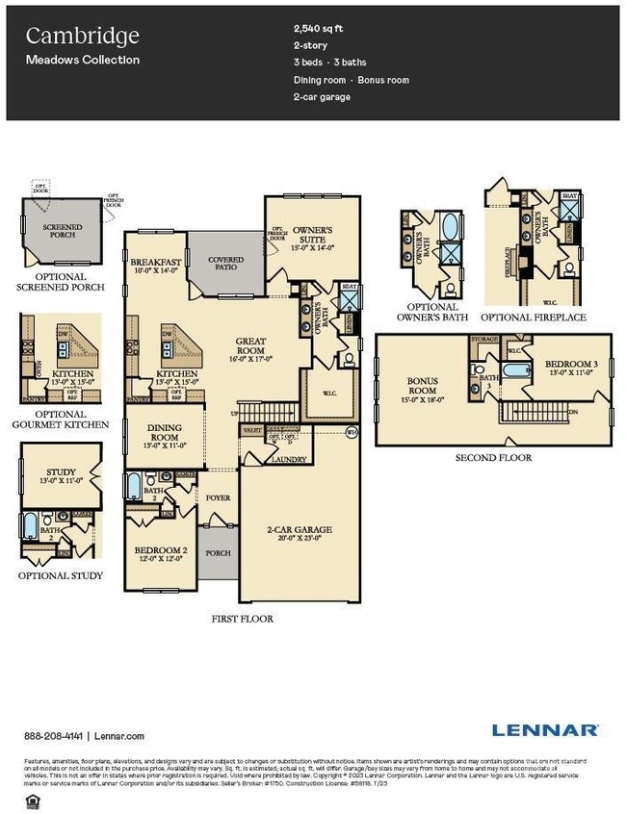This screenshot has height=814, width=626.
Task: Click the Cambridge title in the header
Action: click(82, 37)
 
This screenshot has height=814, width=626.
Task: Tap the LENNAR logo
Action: click(545, 730)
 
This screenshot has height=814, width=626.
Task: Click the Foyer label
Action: click(218, 497)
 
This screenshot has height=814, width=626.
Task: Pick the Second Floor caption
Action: click(493, 457)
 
